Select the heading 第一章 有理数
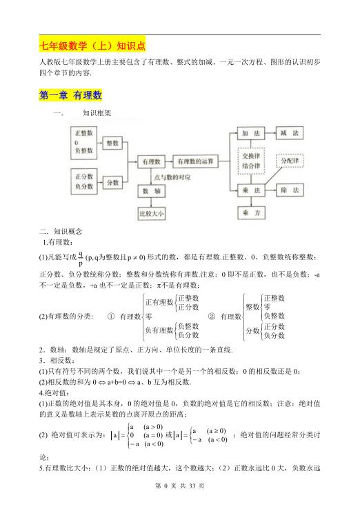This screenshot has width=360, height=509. tap(70, 95)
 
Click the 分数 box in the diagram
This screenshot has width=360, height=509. tap(112, 182)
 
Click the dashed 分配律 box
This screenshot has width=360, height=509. tap(290, 161)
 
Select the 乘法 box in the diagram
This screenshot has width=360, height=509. tap(250, 190)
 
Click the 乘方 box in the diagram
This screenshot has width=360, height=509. tap(250, 213)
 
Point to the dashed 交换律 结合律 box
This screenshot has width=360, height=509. tap(250, 161)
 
